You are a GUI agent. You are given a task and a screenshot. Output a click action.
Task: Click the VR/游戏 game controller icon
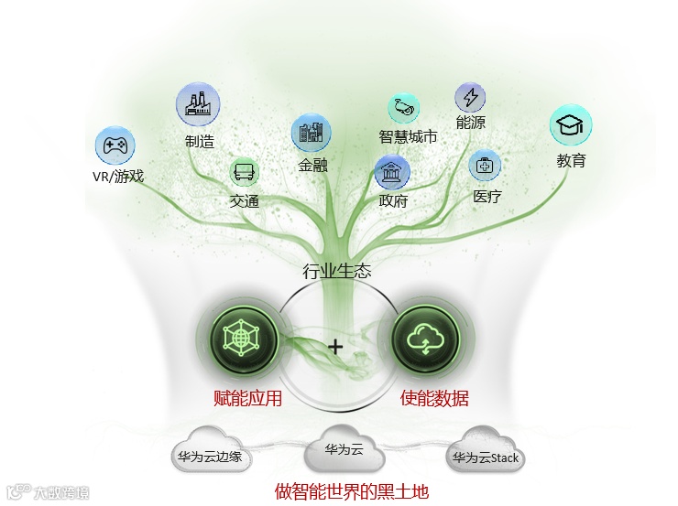(115, 145)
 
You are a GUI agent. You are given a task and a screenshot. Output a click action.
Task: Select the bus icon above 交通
(244, 172)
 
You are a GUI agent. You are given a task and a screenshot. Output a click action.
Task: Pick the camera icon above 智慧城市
(403, 108)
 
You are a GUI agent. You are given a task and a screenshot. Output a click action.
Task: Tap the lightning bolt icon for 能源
(470, 97)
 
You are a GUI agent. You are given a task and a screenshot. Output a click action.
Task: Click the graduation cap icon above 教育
(571, 125)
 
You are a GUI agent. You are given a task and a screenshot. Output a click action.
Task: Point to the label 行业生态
(337, 271)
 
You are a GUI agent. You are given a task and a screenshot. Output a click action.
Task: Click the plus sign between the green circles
(335, 347)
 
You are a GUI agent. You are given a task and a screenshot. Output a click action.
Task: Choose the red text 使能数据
(435, 398)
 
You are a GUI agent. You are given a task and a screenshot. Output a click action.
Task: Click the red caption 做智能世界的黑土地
(352, 490)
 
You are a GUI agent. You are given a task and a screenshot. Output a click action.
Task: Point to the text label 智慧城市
(408, 137)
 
